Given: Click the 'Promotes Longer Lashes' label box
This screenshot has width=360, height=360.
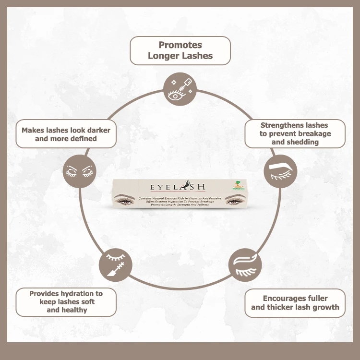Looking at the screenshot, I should (x=180, y=50).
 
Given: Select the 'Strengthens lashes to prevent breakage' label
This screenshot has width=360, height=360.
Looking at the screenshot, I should (x=295, y=133).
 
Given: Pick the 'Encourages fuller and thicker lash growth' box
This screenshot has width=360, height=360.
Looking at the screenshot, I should (x=295, y=303).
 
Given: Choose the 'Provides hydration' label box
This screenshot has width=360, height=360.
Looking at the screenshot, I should (x=66, y=302).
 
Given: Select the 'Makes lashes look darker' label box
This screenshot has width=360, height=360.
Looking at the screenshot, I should (x=66, y=134).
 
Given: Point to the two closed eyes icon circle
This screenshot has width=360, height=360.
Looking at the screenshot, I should (x=80, y=171).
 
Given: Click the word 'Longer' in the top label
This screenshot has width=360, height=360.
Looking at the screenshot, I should (x=164, y=56).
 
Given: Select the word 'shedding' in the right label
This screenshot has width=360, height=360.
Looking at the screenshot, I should (x=302, y=142).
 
